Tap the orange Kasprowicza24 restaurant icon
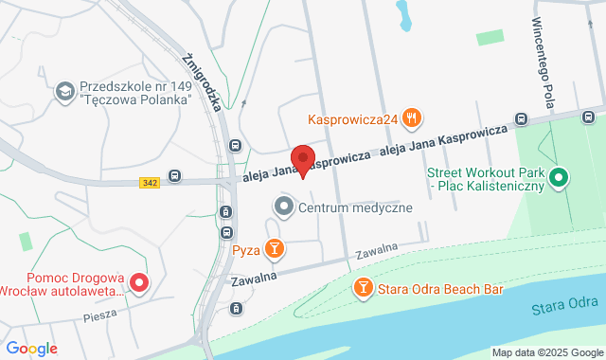point(411,118)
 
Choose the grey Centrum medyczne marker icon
point(283,206)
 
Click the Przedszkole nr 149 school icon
point(65,90)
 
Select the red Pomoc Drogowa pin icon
point(138,282)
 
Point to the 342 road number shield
point(148,180)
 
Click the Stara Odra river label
point(564,307)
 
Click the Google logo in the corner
point(31,348)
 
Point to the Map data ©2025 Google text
point(546,352)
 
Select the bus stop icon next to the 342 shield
point(175,175)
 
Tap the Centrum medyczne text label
point(355,207)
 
